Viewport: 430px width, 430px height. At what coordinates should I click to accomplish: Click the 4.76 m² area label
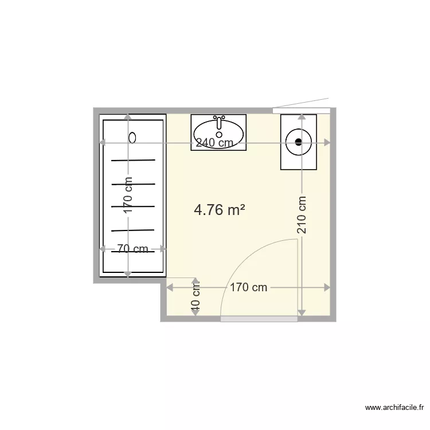(x=220, y=210)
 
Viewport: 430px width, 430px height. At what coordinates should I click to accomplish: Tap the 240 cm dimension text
(x=214, y=143)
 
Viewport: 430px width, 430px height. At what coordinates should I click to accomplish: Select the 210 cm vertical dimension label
(x=302, y=215)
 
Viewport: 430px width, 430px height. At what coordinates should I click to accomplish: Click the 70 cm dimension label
(x=132, y=249)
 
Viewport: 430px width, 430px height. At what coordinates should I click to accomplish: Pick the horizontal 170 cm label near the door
(x=249, y=287)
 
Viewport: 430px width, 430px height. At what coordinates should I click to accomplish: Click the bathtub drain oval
(x=132, y=137)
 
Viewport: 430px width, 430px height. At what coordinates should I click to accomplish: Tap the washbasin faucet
(x=218, y=123)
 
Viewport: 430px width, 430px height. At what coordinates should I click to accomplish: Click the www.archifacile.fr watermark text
(x=394, y=408)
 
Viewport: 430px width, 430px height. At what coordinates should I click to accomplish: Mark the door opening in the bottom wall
(x=259, y=319)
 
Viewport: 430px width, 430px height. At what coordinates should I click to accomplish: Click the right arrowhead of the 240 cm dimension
(x=327, y=142)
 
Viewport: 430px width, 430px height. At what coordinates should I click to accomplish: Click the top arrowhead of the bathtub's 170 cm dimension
(x=128, y=118)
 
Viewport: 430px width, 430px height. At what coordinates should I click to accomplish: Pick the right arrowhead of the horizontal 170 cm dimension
(x=327, y=287)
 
